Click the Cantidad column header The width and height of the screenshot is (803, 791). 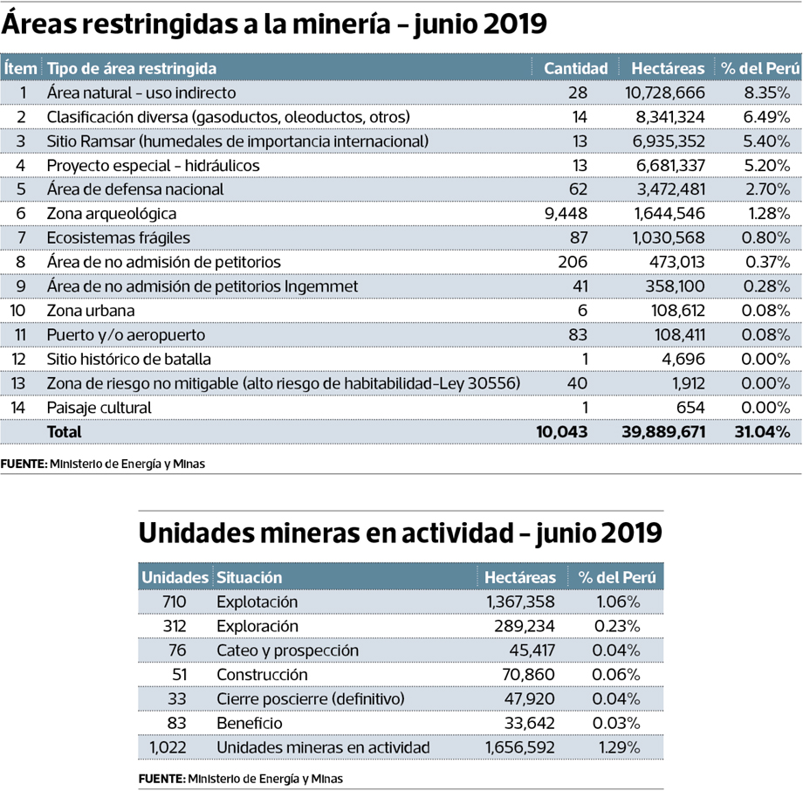pyautogui.click(x=575, y=68)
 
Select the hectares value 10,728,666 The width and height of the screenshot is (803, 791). pyautogui.click(x=665, y=93)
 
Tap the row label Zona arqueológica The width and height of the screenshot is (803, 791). pyautogui.click(x=112, y=214)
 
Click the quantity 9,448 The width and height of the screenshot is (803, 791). pyautogui.click(x=566, y=214)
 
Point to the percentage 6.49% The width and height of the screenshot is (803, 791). pyautogui.click(x=766, y=117)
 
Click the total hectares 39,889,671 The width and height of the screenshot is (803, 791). pyautogui.click(x=663, y=432)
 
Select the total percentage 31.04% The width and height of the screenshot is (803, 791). pyautogui.click(x=763, y=432)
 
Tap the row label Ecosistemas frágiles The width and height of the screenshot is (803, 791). pyautogui.click(x=119, y=238)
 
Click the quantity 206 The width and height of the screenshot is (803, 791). pyautogui.click(x=573, y=262)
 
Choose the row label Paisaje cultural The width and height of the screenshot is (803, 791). pyautogui.click(x=99, y=408)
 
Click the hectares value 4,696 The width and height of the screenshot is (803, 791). pyautogui.click(x=683, y=359)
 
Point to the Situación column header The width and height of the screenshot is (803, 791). pyautogui.click(x=249, y=577)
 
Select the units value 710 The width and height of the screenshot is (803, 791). pyautogui.click(x=174, y=602)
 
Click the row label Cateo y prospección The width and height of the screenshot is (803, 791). pyautogui.click(x=287, y=650)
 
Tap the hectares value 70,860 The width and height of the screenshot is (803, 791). pyautogui.click(x=528, y=675)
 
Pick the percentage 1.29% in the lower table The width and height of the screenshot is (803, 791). pyautogui.click(x=619, y=747)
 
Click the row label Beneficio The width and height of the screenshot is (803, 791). pyautogui.click(x=250, y=724)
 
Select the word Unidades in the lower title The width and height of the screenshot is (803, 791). pyautogui.click(x=196, y=533)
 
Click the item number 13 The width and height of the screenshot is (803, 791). pyautogui.click(x=18, y=384)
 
